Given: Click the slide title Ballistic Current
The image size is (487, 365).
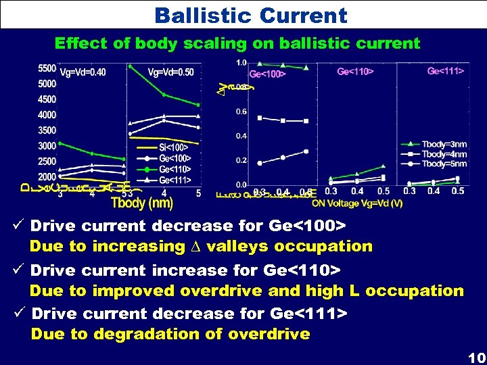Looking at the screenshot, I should [250, 15].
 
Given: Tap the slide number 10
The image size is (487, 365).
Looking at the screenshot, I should [476, 357].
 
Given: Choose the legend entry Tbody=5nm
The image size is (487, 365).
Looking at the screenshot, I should [444, 164].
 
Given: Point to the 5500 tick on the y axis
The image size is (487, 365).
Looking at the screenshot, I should [47, 69].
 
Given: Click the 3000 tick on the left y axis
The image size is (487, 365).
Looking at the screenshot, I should [47, 146].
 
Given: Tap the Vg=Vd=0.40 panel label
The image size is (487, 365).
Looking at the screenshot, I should [83, 72].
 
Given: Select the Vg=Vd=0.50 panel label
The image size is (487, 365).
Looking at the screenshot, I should [170, 72].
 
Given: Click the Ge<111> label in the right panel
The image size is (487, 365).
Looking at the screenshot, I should [446, 71].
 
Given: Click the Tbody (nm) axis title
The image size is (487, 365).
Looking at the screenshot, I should [141, 203].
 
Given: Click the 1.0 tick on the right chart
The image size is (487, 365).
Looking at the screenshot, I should [241, 63].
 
